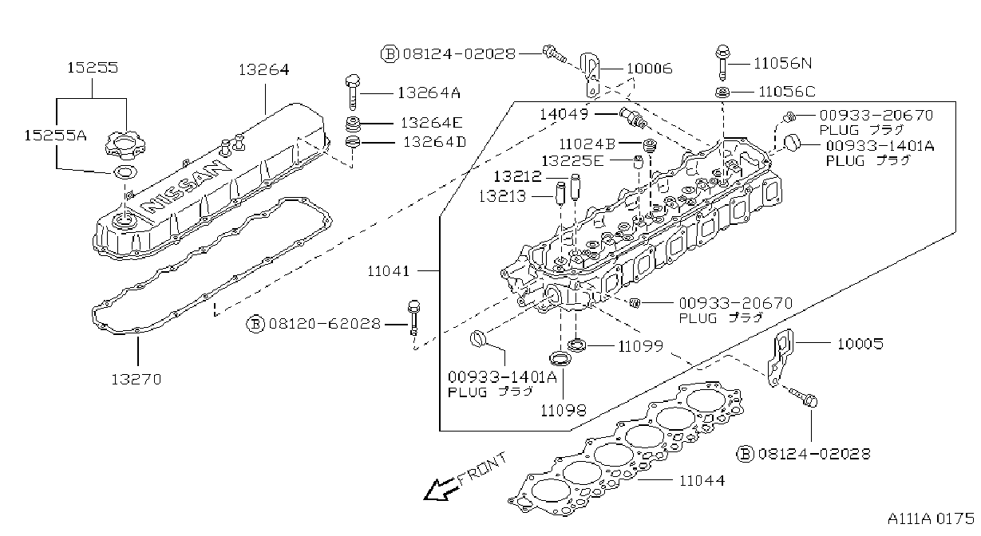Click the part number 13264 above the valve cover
tap(263, 69)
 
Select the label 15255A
tap(55, 136)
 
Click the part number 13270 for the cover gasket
tap(136, 379)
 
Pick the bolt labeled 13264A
tap(353, 92)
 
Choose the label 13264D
tap(434, 142)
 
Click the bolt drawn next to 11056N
tap(722, 62)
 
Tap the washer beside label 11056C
tap(722, 93)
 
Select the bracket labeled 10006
tap(590, 75)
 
